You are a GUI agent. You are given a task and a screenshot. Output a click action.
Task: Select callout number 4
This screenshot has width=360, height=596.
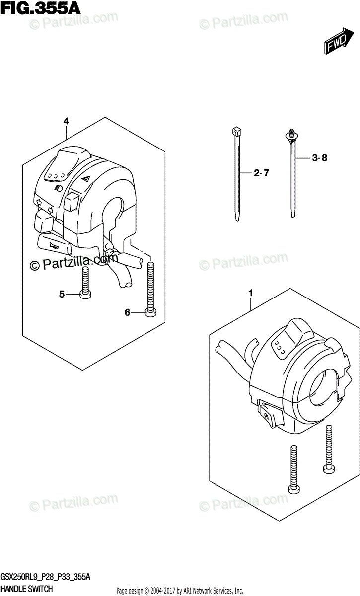point(66,121)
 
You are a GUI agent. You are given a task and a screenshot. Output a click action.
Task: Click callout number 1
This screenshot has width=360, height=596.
point(251,294)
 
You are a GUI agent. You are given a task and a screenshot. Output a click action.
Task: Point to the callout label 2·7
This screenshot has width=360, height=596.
point(260,173)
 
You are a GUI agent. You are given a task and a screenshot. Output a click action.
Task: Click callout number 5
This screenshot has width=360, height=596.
point(62,294)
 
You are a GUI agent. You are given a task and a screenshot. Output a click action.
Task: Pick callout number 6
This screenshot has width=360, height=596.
point(127,312)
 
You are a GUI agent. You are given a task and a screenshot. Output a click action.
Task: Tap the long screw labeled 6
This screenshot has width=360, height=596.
point(151,288)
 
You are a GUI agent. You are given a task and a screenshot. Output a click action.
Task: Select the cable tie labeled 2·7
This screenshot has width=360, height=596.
point(237,179)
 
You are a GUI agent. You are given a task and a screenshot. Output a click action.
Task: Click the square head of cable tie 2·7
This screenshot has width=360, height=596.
point(235,133)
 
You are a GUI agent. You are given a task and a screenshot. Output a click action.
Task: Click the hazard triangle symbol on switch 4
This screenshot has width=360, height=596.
point(85,180)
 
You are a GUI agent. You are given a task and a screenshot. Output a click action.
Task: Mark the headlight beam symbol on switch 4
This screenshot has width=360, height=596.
point(57,188)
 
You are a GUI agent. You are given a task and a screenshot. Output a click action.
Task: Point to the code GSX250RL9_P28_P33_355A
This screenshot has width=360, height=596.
point(48,577)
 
